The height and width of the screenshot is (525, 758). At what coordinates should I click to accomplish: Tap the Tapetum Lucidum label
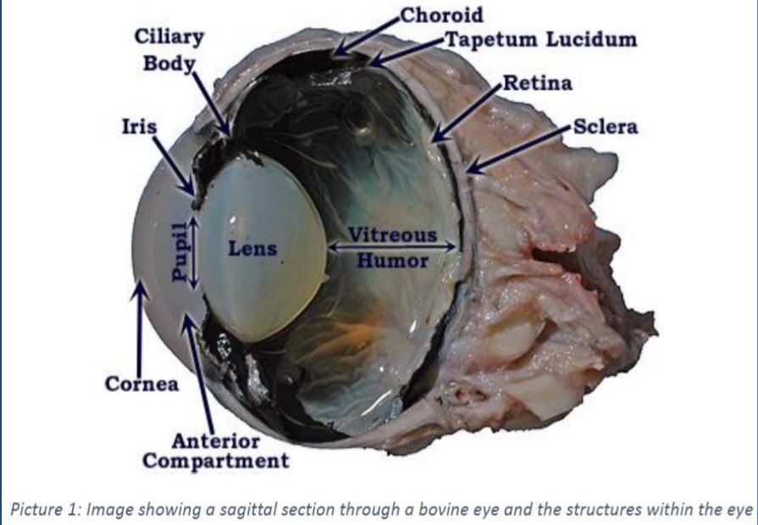541,40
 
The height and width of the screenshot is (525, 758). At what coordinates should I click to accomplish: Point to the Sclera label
606,128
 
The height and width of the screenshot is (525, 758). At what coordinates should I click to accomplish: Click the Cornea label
141,384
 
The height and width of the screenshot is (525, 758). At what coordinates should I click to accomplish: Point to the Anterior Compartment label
215,451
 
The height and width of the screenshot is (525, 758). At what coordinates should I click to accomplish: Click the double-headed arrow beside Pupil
194,251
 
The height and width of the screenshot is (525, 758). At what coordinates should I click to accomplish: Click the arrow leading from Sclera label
517,150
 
